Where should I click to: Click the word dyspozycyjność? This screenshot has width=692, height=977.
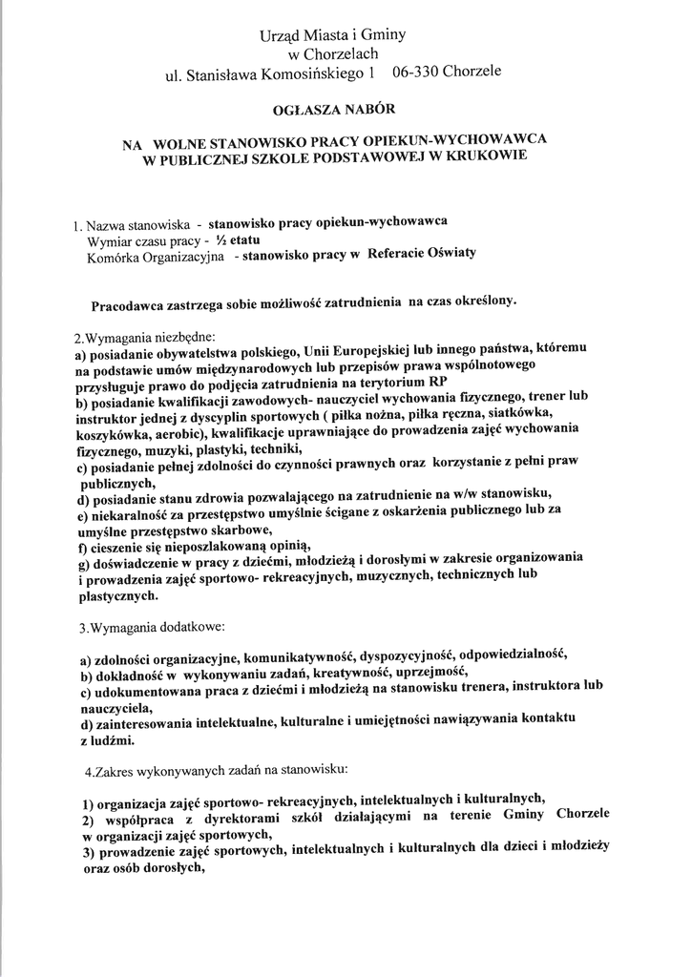point(403,657)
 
